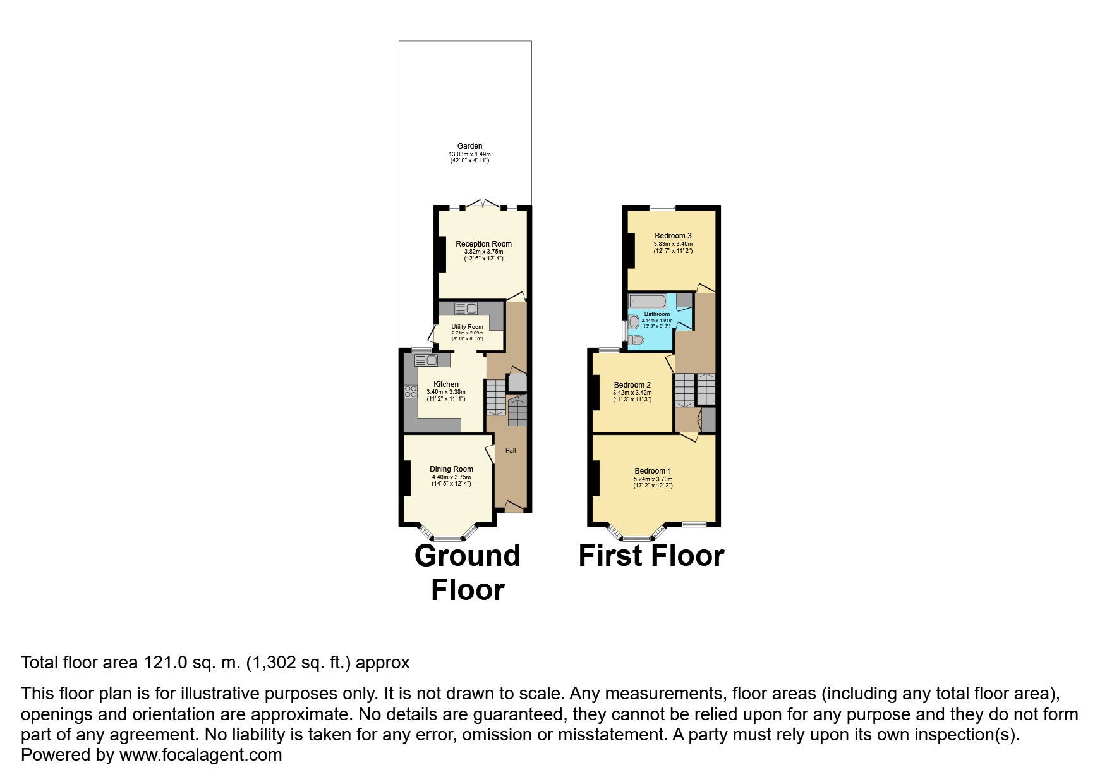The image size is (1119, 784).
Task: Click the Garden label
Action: (x=469, y=146)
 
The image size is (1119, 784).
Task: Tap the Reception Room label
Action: (x=483, y=244)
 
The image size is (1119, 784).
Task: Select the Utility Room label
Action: (x=467, y=327)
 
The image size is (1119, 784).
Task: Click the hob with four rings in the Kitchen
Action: (x=411, y=391)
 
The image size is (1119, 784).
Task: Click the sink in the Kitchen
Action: (x=426, y=360)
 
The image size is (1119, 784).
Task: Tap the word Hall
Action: (x=511, y=451)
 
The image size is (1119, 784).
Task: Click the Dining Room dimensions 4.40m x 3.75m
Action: (x=451, y=477)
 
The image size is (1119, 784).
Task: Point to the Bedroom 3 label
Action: (x=673, y=236)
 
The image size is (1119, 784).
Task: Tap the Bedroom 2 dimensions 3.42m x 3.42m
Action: (x=632, y=393)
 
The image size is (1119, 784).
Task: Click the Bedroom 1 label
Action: (x=653, y=471)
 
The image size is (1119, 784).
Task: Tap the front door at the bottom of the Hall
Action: (x=514, y=506)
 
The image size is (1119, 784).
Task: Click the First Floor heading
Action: (x=651, y=556)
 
